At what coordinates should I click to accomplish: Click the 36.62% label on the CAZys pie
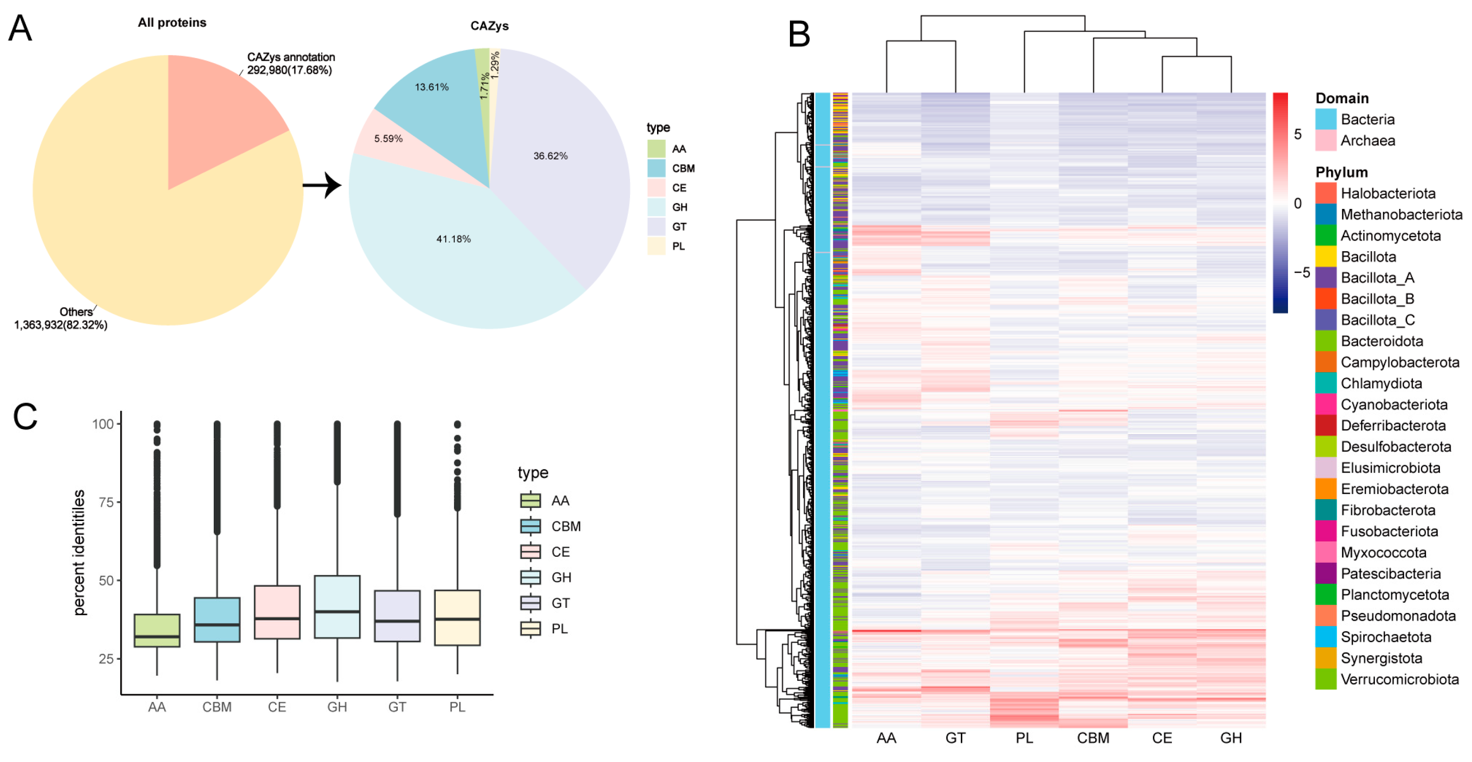point(550,156)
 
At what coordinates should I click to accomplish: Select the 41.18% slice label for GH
point(453,239)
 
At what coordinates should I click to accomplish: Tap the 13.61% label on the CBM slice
point(432,87)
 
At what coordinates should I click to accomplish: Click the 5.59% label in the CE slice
point(388,139)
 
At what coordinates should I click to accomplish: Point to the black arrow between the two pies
point(322,185)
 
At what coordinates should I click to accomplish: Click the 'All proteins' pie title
point(172,23)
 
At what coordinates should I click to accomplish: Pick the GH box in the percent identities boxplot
point(337,606)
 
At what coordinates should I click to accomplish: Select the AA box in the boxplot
point(157,630)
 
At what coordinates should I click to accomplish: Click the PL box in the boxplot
point(457,618)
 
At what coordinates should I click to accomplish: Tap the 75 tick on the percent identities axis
point(106,502)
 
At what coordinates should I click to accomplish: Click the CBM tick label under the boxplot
point(217,707)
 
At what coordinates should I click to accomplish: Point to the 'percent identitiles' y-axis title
point(79,553)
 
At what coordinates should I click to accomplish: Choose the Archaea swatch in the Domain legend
point(1325,141)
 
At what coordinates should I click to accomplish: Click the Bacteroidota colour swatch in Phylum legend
point(1325,341)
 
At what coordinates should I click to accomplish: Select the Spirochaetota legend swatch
point(1325,637)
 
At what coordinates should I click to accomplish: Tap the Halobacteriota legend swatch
point(1325,193)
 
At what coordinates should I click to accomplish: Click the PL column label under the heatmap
point(1024,738)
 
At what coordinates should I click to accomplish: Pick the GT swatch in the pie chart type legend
point(656,227)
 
